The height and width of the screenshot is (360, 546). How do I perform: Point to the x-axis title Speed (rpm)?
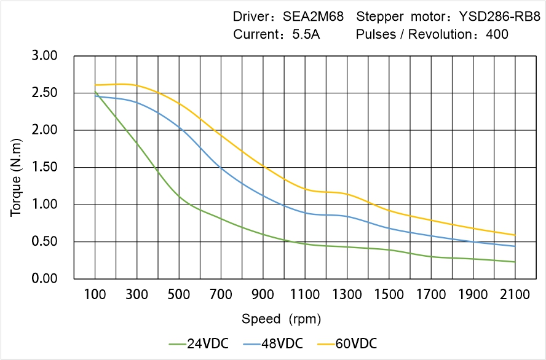[281, 319]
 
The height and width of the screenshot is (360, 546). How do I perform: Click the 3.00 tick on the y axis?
[44, 56]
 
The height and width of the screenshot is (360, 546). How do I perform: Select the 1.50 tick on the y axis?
[44, 167]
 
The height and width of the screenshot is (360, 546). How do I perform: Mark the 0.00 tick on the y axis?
[44, 278]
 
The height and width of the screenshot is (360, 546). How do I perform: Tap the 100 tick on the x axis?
[95, 295]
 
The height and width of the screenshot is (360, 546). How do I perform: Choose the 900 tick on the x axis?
[263, 295]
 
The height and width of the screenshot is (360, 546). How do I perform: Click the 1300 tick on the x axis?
[347, 295]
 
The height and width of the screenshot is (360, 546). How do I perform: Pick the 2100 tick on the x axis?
[515, 295]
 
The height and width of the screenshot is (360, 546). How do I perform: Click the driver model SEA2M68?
[314, 17]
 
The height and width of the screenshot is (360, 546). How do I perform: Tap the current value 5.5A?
[305, 34]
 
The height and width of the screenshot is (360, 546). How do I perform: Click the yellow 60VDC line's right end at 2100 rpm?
[515, 235]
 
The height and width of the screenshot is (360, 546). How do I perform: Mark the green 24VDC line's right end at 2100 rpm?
[515, 262]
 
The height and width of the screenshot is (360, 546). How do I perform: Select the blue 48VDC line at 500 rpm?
[179, 128]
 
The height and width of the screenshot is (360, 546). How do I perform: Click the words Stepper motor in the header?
[392, 17]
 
